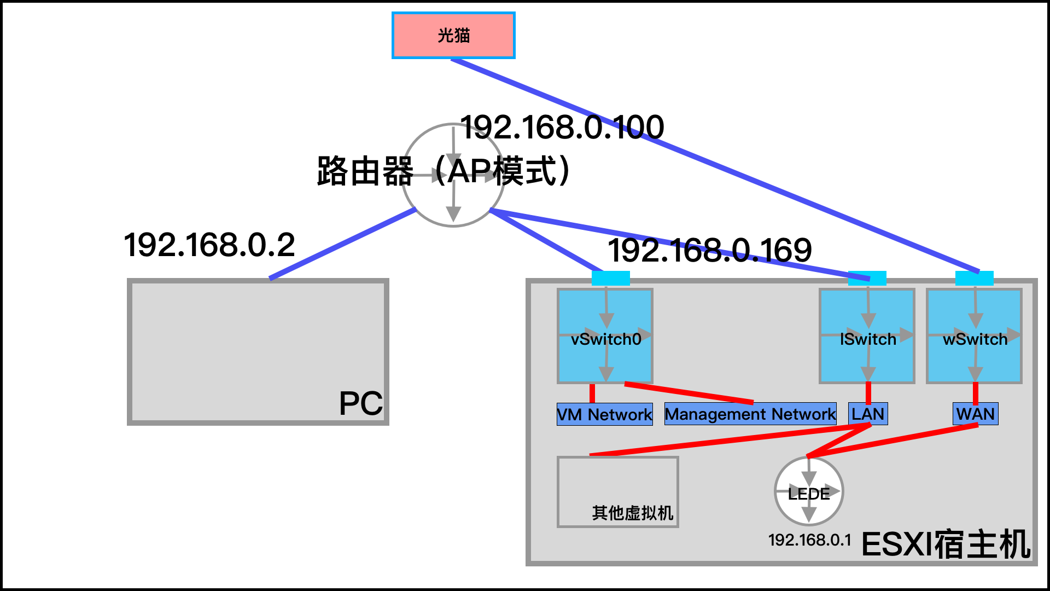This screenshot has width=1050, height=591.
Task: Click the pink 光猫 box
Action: pyautogui.click(x=453, y=36)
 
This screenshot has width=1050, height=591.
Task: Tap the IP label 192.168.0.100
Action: pyautogui.click(x=562, y=127)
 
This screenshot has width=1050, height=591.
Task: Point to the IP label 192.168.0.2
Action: pyautogui.click(x=209, y=245)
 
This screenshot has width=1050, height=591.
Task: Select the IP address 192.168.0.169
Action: pyautogui.click(x=710, y=250)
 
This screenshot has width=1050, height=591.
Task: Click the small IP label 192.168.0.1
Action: pyautogui.click(x=809, y=540)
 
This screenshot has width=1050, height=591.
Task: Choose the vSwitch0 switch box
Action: pyautogui.click(x=605, y=336)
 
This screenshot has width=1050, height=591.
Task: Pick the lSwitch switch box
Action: pyautogui.click(x=867, y=336)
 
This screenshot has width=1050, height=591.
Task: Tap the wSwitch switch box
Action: pyautogui.click(x=974, y=336)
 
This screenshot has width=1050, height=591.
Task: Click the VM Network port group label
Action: pyautogui.click(x=604, y=414)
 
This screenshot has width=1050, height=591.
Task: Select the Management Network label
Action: pyautogui.click(x=750, y=414)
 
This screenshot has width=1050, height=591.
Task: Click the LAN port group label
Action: pyautogui.click(x=868, y=414)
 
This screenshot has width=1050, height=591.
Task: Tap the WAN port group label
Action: pyautogui.click(x=976, y=414)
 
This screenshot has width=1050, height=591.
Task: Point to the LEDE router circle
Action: pyautogui.click(x=809, y=491)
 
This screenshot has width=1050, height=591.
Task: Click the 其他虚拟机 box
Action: pyautogui.click(x=618, y=492)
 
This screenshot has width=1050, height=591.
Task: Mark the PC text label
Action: pyautogui.click(x=360, y=404)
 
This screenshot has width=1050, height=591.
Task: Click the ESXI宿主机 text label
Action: pyautogui.click(x=946, y=544)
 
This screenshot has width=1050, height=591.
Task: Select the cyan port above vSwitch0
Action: pyautogui.click(x=610, y=278)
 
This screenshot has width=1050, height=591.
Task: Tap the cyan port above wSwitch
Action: pyautogui.click(x=974, y=278)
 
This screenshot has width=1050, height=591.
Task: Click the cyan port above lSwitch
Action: pyautogui.click(x=867, y=278)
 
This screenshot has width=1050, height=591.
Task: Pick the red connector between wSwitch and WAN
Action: pyautogui.click(x=976, y=393)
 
